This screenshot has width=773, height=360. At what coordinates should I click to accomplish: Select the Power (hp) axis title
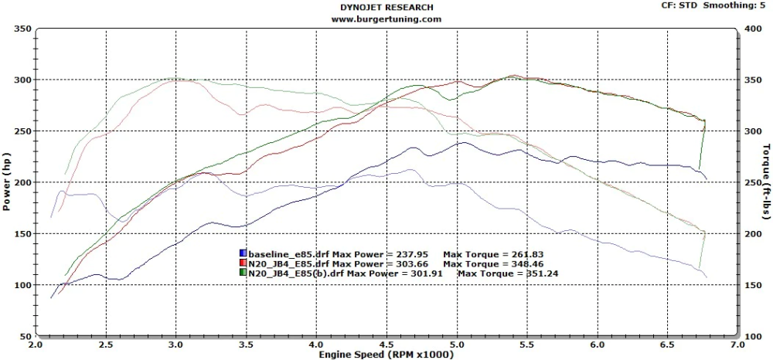point(7,182)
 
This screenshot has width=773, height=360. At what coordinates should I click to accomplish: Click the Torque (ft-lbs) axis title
point(766,182)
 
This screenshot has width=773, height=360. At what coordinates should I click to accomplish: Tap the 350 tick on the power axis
point(23,29)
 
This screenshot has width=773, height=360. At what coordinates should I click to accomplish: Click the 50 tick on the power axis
point(26,337)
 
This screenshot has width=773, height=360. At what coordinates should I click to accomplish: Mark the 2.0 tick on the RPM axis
point(36,345)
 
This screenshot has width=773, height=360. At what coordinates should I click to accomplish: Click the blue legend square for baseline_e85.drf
point(243,253)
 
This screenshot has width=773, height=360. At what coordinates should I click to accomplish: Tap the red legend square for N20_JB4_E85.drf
point(243,263)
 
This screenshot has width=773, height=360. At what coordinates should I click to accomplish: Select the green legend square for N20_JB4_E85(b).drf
point(243,273)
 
